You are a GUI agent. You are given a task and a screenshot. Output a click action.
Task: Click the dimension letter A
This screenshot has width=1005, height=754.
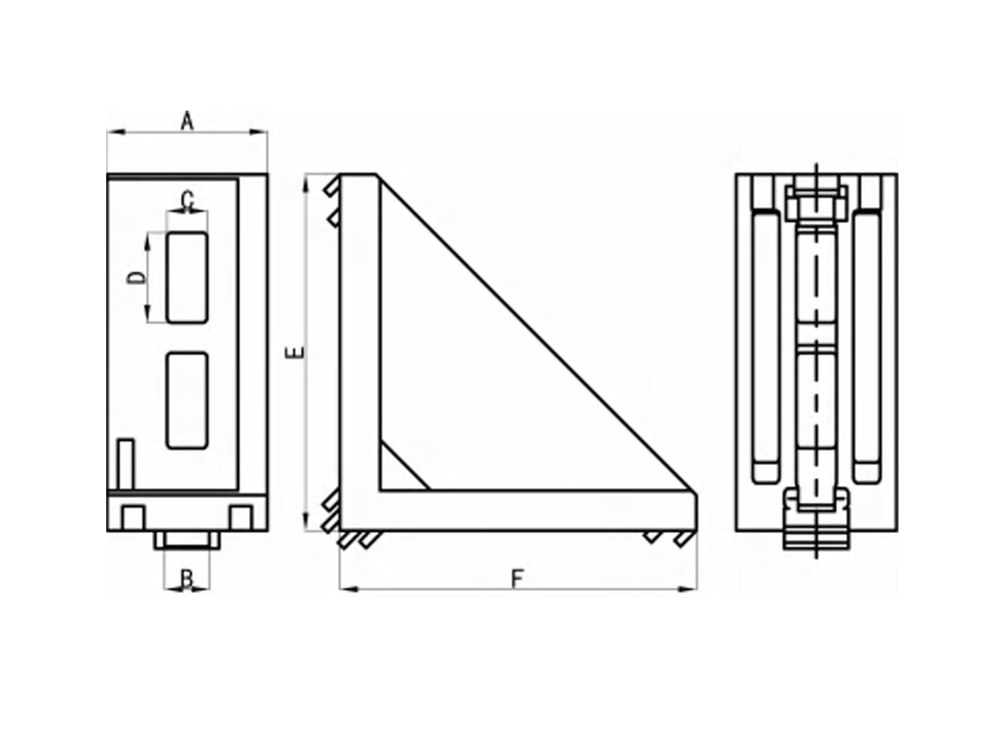187,121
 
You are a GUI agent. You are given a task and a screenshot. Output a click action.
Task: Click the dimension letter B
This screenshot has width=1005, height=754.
187,579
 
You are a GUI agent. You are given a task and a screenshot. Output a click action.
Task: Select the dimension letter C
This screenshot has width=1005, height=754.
187,200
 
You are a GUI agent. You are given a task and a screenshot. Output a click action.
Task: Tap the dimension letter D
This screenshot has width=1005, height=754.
135,278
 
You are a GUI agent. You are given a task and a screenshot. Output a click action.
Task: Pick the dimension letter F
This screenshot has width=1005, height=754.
517,579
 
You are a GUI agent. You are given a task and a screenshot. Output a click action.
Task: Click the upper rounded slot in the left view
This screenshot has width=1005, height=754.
187,277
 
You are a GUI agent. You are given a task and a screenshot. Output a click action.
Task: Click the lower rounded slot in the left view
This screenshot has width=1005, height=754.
187,400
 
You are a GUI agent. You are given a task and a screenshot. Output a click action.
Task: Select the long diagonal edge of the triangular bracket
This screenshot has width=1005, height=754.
537,333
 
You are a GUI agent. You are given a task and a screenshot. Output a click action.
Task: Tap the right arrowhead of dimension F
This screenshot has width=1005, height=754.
690,589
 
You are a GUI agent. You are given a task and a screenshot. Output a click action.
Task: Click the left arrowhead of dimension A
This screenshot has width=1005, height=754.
114,132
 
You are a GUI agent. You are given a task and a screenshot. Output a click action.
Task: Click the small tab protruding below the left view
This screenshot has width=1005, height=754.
187,540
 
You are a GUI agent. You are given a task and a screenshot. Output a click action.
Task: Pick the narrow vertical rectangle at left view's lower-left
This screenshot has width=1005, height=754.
126,464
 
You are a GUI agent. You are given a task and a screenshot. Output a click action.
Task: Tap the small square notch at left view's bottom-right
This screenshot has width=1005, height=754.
241,517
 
